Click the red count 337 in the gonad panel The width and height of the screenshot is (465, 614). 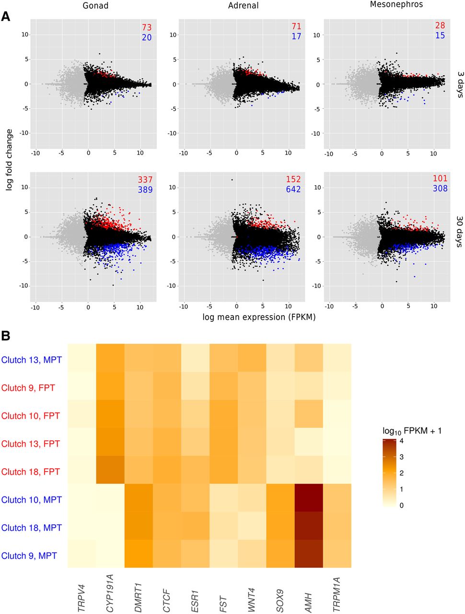pos(145,180)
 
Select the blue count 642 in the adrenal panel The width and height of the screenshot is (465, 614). pos(293,189)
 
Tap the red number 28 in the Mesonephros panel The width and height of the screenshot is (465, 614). pos(440,26)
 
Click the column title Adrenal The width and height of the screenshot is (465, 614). pos(243,6)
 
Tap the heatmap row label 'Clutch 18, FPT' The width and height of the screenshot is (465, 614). pos(31,472)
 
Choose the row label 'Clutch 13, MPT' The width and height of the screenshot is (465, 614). pos(32,359)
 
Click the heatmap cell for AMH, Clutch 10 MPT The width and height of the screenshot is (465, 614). pos(309,499)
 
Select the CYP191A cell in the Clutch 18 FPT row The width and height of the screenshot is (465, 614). pos(110,472)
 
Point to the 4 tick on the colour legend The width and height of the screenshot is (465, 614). pos(401,440)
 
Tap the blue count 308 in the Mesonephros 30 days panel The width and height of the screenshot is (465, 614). pos(440,189)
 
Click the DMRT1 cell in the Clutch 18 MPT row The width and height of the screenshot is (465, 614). pos(139,528)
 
